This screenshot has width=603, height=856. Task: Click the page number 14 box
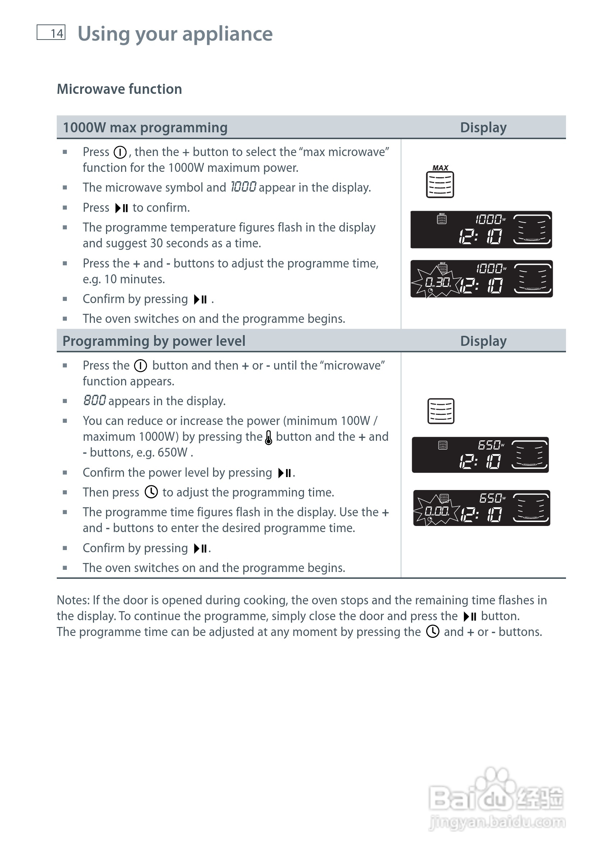click(51, 32)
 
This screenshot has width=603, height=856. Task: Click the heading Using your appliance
click(175, 34)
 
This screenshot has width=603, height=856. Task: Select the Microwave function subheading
click(119, 89)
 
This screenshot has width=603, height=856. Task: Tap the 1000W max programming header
click(145, 128)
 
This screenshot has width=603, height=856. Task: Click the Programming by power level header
click(153, 341)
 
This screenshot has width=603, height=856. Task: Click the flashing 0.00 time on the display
click(437, 511)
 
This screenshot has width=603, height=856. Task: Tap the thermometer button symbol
click(268, 437)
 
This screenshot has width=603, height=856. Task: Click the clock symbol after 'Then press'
click(151, 492)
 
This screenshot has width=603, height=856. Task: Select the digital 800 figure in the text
click(95, 400)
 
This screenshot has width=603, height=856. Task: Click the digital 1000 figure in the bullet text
click(243, 187)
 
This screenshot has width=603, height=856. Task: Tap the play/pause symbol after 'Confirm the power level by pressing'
click(285, 473)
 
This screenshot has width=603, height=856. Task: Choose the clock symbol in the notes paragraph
click(433, 632)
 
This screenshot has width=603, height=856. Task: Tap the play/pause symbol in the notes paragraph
click(470, 616)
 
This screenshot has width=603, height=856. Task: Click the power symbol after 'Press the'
click(141, 366)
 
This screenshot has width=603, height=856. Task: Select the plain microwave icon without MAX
click(441, 411)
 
